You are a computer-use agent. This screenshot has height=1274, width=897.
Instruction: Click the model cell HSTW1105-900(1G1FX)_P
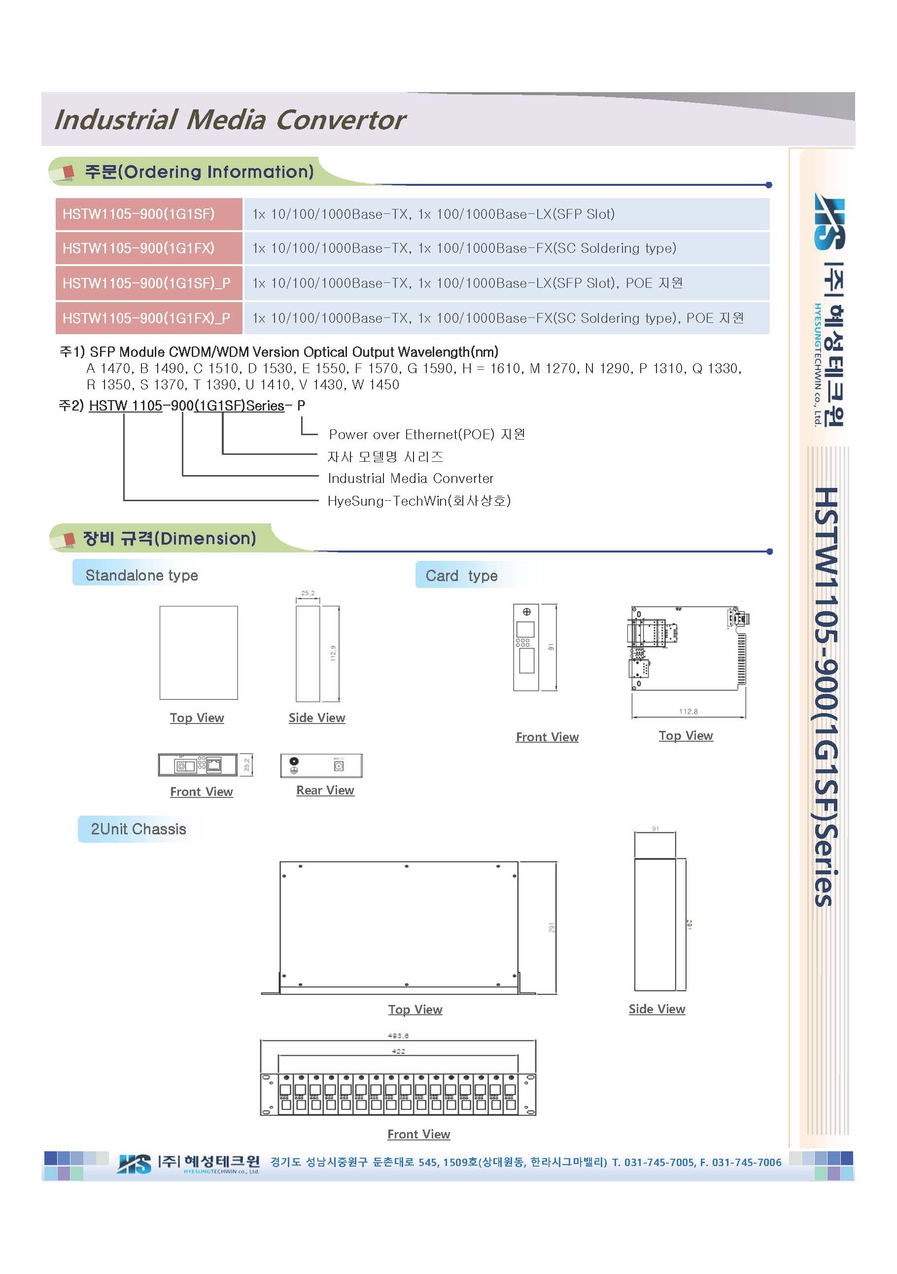[x=146, y=318]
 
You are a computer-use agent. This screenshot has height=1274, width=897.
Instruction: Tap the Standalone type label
[x=141, y=576]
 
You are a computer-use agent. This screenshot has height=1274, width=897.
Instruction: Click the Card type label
[x=461, y=576]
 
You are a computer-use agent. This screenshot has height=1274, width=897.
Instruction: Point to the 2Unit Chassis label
[x=138, y=829]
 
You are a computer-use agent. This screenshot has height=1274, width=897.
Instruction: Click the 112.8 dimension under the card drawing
[x=688, y=711]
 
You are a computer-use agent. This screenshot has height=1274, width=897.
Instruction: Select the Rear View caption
[x=325, y=790]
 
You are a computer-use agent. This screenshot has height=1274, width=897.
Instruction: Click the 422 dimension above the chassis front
[x=398, y=1051]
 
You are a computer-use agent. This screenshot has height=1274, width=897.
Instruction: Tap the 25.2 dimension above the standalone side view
[x=308, y=593]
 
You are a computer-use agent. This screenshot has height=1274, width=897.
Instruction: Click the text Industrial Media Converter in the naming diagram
[x=411, y=479]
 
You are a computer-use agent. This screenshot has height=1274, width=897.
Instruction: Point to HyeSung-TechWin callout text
[x=419, y=501]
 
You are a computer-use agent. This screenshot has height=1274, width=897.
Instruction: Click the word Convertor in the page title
[x=341, y=120]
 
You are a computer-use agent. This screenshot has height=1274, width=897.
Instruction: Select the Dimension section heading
[x=169, y=538]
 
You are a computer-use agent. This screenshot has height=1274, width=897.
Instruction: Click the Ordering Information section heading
[x=199, y=172]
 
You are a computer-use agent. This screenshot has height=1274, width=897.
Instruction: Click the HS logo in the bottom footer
[x=134, y=1164]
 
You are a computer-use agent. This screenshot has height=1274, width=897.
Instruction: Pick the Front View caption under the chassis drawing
[x=419, y=1134]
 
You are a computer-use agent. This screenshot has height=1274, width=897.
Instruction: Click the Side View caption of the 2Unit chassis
[x=657, y=1009]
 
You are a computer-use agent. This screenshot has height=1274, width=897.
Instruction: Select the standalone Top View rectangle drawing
[x=199, y=653]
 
